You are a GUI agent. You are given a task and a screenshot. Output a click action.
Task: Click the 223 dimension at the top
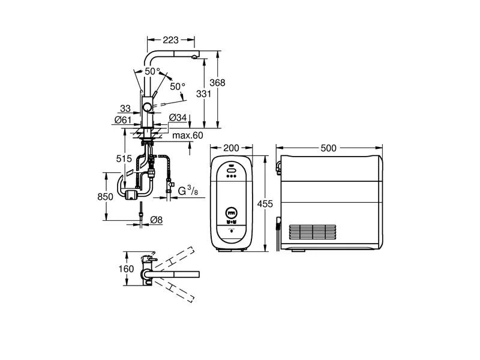coord(170,40)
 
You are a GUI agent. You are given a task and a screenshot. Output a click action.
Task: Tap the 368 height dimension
coord(217,83)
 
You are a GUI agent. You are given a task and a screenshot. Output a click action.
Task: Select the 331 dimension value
coord(203,94)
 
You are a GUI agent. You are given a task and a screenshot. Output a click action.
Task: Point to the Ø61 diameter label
coord(123,119)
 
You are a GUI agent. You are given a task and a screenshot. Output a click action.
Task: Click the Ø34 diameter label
coord(178,117)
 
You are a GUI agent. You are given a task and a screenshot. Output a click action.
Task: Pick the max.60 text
coord(188,136)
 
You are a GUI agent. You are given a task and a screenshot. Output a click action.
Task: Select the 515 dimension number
coord(124,158)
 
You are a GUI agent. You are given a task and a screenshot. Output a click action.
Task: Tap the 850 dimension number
coord(106,197)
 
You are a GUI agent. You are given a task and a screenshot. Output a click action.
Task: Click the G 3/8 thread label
coord(188,191)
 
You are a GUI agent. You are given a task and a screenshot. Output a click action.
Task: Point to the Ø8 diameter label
coord(157,220)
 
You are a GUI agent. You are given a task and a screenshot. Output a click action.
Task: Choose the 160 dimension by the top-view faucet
coord(126,269)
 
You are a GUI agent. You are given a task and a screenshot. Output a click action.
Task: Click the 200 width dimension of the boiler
coord(231,148)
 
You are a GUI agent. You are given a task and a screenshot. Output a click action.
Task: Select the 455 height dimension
coord(265,203)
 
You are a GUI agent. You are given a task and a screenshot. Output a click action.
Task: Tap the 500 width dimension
coord(328,148)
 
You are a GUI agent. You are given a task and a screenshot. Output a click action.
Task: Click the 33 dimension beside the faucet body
coord(125,109)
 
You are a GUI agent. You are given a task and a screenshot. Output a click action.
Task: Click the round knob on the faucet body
coord(147,107)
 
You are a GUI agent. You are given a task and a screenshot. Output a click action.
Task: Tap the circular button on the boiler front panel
coord(232,212)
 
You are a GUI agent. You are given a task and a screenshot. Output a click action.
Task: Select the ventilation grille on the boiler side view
coord(313,233)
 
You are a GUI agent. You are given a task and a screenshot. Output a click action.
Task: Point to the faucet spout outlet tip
coord(194,58)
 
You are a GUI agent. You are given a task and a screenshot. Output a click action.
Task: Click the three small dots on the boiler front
coord(231,176)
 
